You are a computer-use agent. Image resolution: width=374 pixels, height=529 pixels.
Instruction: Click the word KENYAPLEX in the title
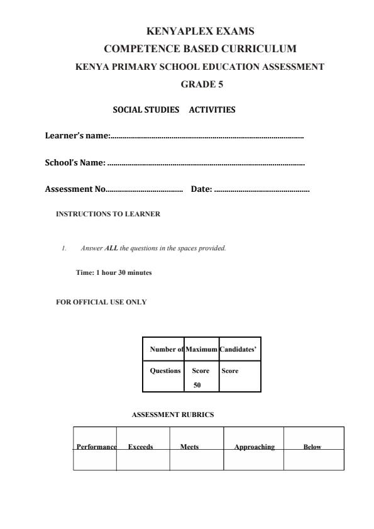click(x=173, y=31)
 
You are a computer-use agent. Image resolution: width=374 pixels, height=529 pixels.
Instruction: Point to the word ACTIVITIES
click(x=212, y=109)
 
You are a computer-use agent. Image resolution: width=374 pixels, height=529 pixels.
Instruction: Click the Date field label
click(x=201, y=189)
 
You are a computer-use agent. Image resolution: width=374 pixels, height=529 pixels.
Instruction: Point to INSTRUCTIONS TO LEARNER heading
click(x=108, y=214)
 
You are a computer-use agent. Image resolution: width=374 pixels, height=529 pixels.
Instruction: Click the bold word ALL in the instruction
click(x=111, y=248)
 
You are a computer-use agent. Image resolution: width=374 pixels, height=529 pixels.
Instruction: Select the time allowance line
click(x=114, y=272)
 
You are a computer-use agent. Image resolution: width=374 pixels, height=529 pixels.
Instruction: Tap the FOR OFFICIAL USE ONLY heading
click(x=101, y=302)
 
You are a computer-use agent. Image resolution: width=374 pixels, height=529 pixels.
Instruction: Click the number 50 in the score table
click(x=197, y=385)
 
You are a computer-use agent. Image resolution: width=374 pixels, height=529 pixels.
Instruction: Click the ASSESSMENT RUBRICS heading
click(x=173, y=415)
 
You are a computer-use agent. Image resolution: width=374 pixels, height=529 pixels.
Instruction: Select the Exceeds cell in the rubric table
click(x=140, y=447)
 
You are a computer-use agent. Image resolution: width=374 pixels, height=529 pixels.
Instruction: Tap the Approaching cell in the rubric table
click(x=255, y=447)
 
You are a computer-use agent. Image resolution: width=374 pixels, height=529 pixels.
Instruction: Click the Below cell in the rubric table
click(x=312, y=447)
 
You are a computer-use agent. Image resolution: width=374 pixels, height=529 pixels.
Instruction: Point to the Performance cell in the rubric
click(x=96, y=447)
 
